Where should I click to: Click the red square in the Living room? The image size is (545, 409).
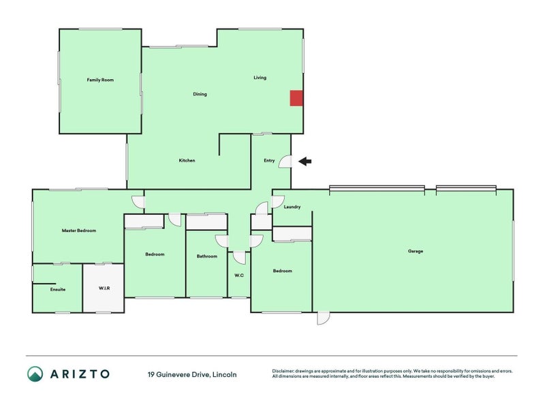coord(296,98)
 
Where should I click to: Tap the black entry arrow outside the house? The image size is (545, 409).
coord(305,161)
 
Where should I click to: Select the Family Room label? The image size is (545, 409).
coord(100,80)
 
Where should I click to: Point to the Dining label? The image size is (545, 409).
coord(200,94)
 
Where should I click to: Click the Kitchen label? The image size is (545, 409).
coord(187,160)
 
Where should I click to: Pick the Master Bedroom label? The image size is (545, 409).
coord(79,230)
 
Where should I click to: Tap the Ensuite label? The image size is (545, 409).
coord(58,289)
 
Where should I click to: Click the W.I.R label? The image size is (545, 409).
coord(104,288)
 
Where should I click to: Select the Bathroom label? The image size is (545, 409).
coord(207,256)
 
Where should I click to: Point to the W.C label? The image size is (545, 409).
coord(239,275)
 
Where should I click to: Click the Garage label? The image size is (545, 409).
coord(416,251)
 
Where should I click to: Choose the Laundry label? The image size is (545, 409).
coord(292,207)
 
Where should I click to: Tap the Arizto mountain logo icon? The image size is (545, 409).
coord(35,374)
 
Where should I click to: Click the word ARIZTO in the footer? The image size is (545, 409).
coord(80,374)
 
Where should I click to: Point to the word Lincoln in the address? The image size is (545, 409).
coord(225,375)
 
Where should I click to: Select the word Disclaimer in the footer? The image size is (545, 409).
coord(283,371)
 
